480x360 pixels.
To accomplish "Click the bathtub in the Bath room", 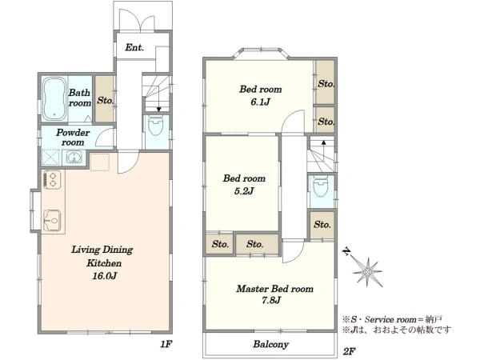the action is (x=54, y=98).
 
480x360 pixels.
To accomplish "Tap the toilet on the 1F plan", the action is (x=156, y=126).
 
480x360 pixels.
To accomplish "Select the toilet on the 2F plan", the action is (x=321, y=186).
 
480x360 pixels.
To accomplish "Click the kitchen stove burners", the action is (x=52, y=179).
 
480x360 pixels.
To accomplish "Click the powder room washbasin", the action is (x=73, y=158).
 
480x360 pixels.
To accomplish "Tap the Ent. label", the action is (x=134, y=47).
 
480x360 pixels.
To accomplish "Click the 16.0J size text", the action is (x=104, y=276).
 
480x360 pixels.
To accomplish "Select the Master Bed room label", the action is (x=274, y=289).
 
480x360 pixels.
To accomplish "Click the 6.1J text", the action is (x=260, y=102).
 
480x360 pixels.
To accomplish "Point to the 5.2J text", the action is (x=244, y=191).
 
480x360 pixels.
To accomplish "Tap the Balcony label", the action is (x=270, y=344).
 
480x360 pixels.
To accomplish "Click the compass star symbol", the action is (x=367, y=272).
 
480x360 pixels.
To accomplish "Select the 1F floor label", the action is (x=166, y=344).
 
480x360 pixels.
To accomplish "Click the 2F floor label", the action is (x=349, y=351).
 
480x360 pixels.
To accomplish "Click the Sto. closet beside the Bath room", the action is (x=104, y=99).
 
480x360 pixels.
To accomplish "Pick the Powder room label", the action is (x=73, y=137).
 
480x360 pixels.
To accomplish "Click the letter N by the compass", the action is (x=346, y=252).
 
